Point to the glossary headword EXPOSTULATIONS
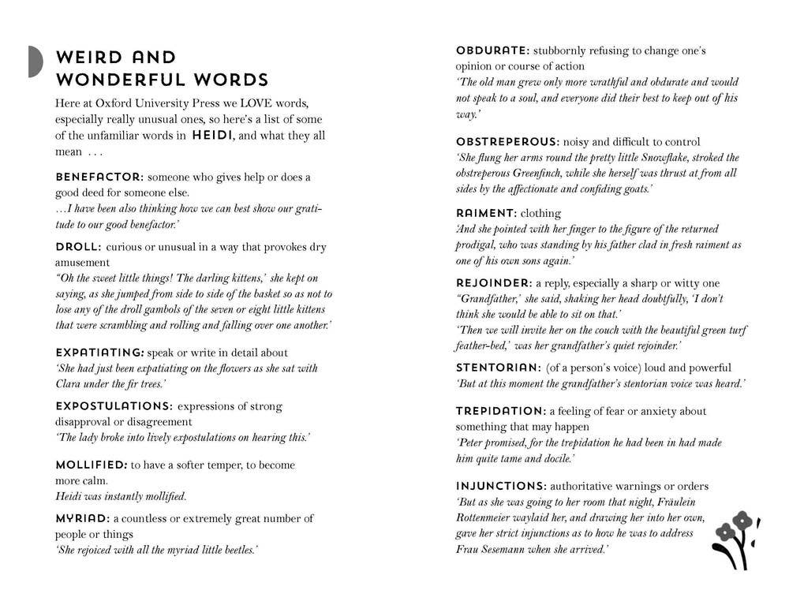114,406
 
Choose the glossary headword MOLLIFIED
91,465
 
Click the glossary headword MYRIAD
82,518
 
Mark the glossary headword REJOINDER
494,283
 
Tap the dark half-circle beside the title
35,62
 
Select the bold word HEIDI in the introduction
212,136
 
